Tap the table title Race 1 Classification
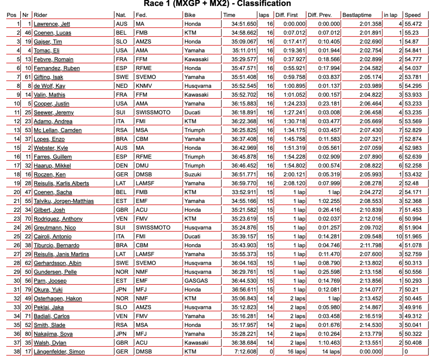[218, 4]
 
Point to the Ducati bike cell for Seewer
[194, 112]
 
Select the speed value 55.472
[414, 24]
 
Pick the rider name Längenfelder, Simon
[59, 351]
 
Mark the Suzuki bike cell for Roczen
[193, 174]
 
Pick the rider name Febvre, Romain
[54, 59]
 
